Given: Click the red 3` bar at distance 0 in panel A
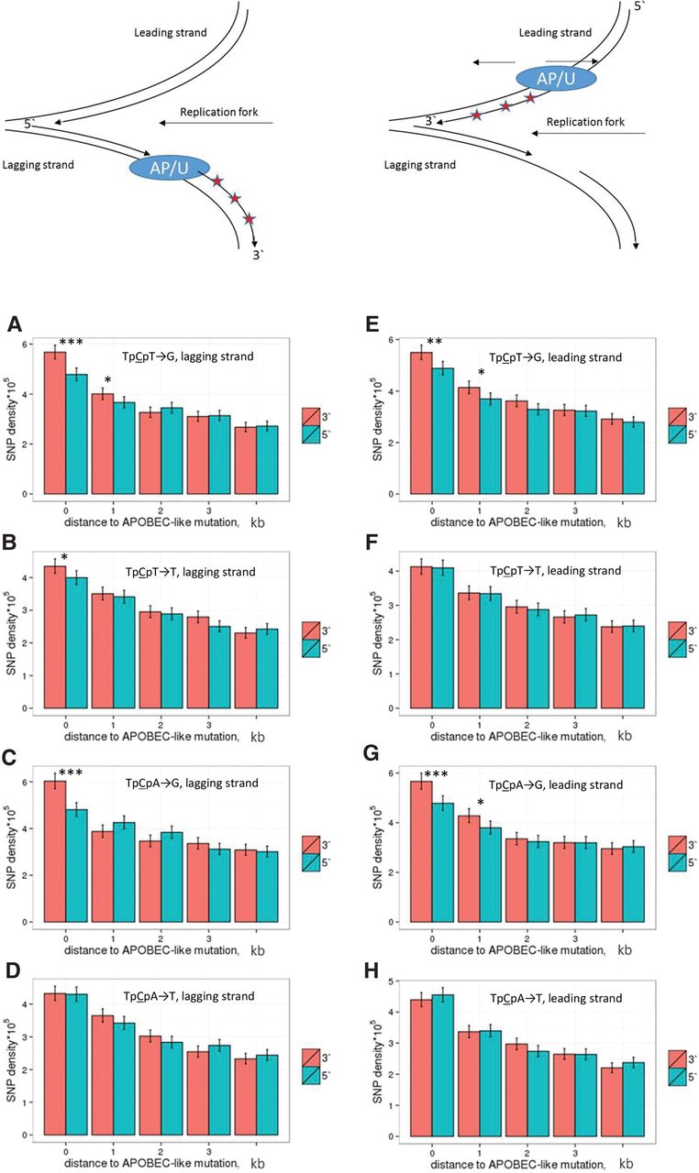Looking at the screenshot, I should coord(55,422).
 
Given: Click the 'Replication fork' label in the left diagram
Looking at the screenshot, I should coord(219,113).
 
